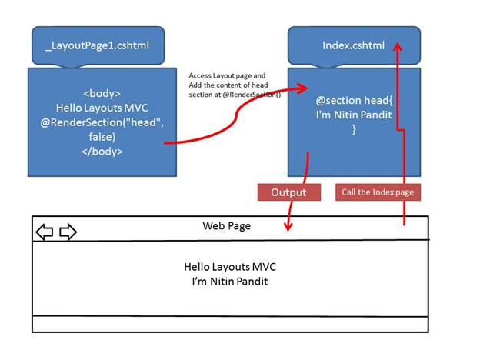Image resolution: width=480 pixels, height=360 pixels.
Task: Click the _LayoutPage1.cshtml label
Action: coord(98,45)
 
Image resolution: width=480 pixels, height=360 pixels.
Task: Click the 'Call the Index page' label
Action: coord(378,192)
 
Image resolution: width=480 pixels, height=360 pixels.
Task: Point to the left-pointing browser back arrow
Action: coord(45,232)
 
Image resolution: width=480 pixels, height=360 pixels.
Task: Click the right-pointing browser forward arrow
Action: coord(68,232)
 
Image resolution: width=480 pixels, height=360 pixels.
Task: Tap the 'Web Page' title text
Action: coord(226,226)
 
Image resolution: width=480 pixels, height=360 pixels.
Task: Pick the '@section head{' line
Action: coord(355,101)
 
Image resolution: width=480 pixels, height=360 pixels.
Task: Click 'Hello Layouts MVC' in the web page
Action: coord(229,267)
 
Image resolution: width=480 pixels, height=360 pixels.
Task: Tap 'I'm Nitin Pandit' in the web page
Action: coord(229,282)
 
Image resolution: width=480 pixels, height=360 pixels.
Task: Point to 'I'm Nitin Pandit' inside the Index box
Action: coord(355,115)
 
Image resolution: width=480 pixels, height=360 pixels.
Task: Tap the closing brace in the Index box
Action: coord(355,130)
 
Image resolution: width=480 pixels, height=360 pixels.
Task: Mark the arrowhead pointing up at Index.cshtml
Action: coord(398,46)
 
